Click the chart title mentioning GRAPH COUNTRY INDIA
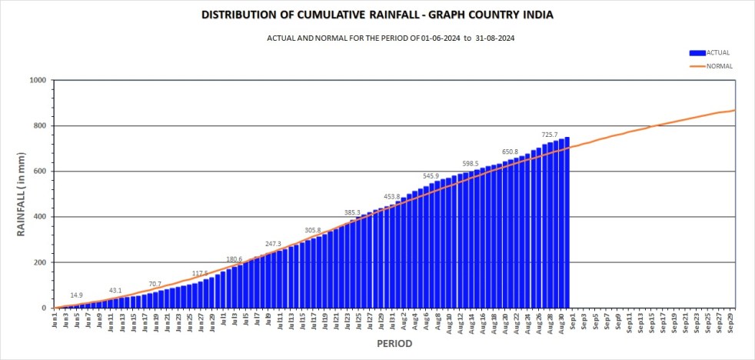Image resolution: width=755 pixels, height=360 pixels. tap(377, 15)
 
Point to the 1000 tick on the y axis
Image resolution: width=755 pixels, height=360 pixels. tap(38, 80)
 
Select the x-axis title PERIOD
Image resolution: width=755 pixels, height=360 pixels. tap(394, 343)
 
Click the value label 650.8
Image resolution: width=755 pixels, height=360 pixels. tap(511, 152)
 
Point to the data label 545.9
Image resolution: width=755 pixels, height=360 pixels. tap(431, 176)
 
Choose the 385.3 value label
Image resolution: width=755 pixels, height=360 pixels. tap(352, 212)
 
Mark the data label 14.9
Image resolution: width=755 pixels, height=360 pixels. tap(77, 295)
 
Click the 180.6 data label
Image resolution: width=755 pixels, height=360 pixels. tap(234, 258)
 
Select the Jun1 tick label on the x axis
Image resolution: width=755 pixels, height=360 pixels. tap(55, 318)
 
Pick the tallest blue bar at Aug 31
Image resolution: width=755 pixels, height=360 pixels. tap(567, 223)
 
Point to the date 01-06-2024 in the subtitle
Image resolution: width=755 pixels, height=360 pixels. tap(440, 38)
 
